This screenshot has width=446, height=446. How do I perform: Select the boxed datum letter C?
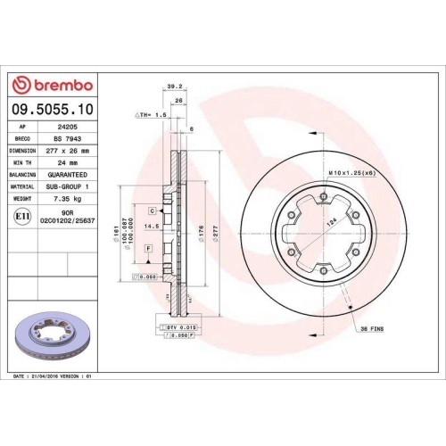click(153, 211)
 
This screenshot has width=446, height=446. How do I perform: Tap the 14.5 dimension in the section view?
click(153, 227)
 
